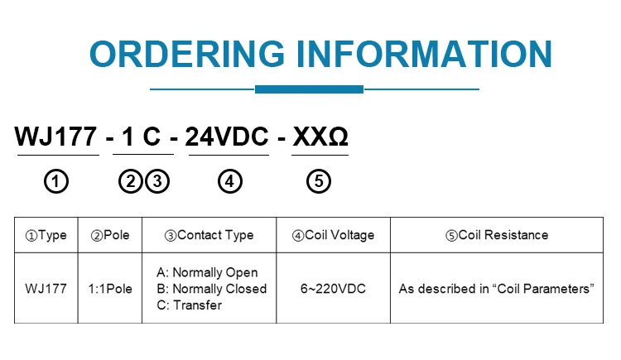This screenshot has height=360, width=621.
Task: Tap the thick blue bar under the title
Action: pos(309,89)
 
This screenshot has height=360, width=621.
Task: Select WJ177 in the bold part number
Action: pos(57,137)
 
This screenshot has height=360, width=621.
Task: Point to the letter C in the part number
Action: pos(152,137)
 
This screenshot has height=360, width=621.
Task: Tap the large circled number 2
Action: pos(130,181)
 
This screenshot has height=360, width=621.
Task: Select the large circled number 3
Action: pos(157,181)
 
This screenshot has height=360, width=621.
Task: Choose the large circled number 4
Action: pos(230,181)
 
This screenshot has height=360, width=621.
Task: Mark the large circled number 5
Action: pos(319,181)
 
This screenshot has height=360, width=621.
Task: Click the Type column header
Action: pos(46,235)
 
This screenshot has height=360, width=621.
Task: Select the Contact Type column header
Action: pos(209,235)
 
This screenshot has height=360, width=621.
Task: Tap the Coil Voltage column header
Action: pos(333,235)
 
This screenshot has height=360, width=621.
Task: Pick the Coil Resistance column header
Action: pos(497,235)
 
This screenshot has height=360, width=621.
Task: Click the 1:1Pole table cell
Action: pos(110,289)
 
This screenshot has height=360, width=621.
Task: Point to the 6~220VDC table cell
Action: pos(333,289)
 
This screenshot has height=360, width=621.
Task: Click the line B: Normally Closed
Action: pos(211,289)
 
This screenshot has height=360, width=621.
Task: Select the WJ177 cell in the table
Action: pos(46,289)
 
